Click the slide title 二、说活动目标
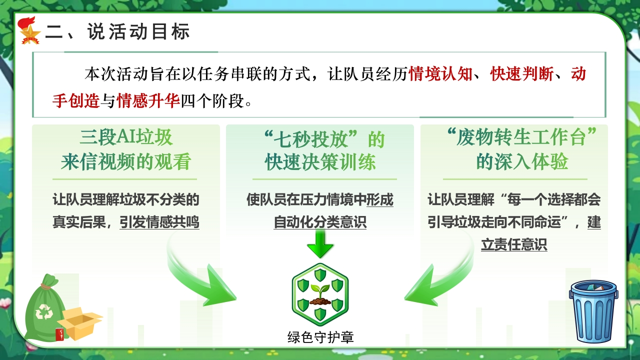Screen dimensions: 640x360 [x=117, y=31]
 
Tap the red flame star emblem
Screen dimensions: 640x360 [x=29, y=31]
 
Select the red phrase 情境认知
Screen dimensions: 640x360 [x=440, y=74]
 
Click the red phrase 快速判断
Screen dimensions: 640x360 [x=521, y=74]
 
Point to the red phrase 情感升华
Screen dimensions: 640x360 [x=148, y=100]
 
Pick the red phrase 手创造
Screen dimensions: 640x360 [x=76, y=100]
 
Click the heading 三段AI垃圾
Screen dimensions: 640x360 [x=126, y=137]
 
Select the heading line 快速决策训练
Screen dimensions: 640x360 [x=320, y=162]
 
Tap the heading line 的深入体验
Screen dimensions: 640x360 [x=521, y=162]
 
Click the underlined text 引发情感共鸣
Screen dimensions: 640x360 [x=159, y=222]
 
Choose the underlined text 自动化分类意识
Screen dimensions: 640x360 [x=320, y=222]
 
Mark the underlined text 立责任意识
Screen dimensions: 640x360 [x=514, y=245]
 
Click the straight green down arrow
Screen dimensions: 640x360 [x=320, y=243]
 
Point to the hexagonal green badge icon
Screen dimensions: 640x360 [x=320, y=294]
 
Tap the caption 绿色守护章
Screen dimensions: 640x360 [x=320, y=337]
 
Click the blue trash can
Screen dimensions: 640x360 [x=593, y=311]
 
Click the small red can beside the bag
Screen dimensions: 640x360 [x=60, y=334]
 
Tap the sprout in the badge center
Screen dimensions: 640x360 [x=320, y=294]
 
